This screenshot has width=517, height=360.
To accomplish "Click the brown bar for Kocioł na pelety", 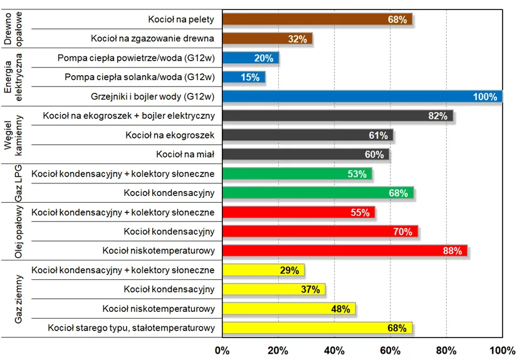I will coord(317,19).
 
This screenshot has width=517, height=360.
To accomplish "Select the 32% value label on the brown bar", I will coord(297,39).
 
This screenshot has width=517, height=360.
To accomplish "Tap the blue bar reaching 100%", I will coord(362,96).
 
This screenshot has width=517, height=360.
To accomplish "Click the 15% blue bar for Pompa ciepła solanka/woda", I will coord(244,77).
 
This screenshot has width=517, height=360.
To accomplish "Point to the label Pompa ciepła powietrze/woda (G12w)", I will coord(136,58).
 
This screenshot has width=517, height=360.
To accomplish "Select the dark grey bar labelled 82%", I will coord(337,116).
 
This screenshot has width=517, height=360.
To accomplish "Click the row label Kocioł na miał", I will coord(185,154).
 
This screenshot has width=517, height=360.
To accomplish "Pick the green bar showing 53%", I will coord(297,173).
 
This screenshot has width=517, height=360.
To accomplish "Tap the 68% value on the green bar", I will coord(398,193).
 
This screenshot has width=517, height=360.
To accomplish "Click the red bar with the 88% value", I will coord(345,250).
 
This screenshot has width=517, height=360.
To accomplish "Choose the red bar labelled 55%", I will coord(298,212).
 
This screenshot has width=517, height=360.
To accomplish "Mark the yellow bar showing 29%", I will coord(263,270).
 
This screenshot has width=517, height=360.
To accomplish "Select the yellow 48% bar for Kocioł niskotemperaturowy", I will coord(289,309).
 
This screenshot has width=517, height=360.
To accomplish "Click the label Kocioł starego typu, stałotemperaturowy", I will coord(132,327).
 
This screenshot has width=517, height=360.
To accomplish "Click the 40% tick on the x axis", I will coord(334,350).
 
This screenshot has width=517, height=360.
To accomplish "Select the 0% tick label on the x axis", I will coord(222,350).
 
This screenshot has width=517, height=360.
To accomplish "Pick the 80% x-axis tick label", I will coord(446,350).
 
